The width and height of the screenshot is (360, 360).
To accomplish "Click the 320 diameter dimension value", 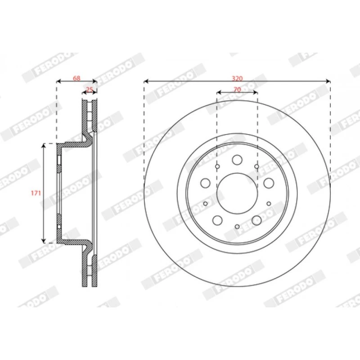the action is tap(237, 78).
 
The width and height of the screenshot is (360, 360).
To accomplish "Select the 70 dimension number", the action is tap(237, 90).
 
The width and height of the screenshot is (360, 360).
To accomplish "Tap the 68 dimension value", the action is tap(76, 78).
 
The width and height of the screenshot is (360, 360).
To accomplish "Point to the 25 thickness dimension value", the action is tap(89, 90).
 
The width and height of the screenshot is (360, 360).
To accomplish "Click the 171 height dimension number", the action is tap(36, 193).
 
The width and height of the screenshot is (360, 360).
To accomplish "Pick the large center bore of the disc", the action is tap(237, 193).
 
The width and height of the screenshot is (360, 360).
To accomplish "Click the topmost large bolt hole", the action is tap(237, 160).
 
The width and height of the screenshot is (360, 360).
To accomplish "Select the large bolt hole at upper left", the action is tap(206, 183).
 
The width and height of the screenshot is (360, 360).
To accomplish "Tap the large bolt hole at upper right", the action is tap(269, 183).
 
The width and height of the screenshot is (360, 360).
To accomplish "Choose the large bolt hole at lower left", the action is tap(217, 220).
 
